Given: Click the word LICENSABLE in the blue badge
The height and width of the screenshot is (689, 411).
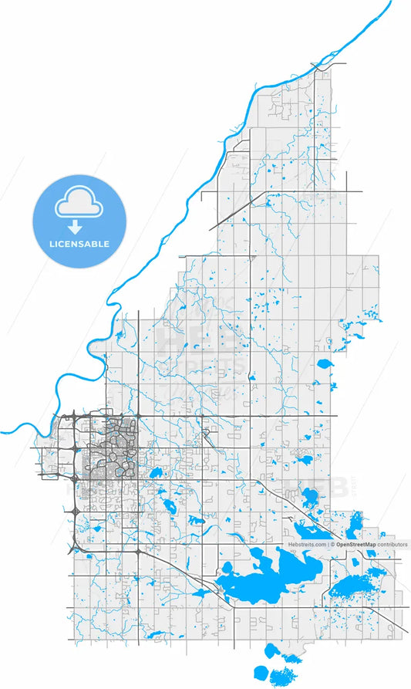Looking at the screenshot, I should (80, 244).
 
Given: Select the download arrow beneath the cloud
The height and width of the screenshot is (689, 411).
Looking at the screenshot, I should (76, 227).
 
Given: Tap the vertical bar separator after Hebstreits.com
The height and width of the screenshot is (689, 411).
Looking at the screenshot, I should (328, 544).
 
